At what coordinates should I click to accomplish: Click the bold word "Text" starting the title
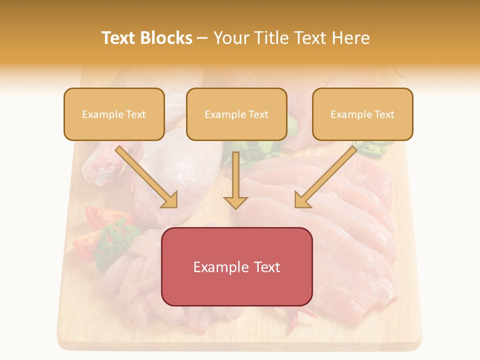(118, 38)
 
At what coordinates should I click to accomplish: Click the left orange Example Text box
(114, 114)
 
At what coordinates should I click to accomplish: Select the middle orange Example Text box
(236, 114)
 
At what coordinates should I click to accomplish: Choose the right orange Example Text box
(362, 114)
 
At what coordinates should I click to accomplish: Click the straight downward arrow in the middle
(235, 180)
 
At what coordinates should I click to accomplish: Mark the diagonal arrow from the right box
(325, 177)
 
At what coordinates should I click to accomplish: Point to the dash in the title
(202, 38)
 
